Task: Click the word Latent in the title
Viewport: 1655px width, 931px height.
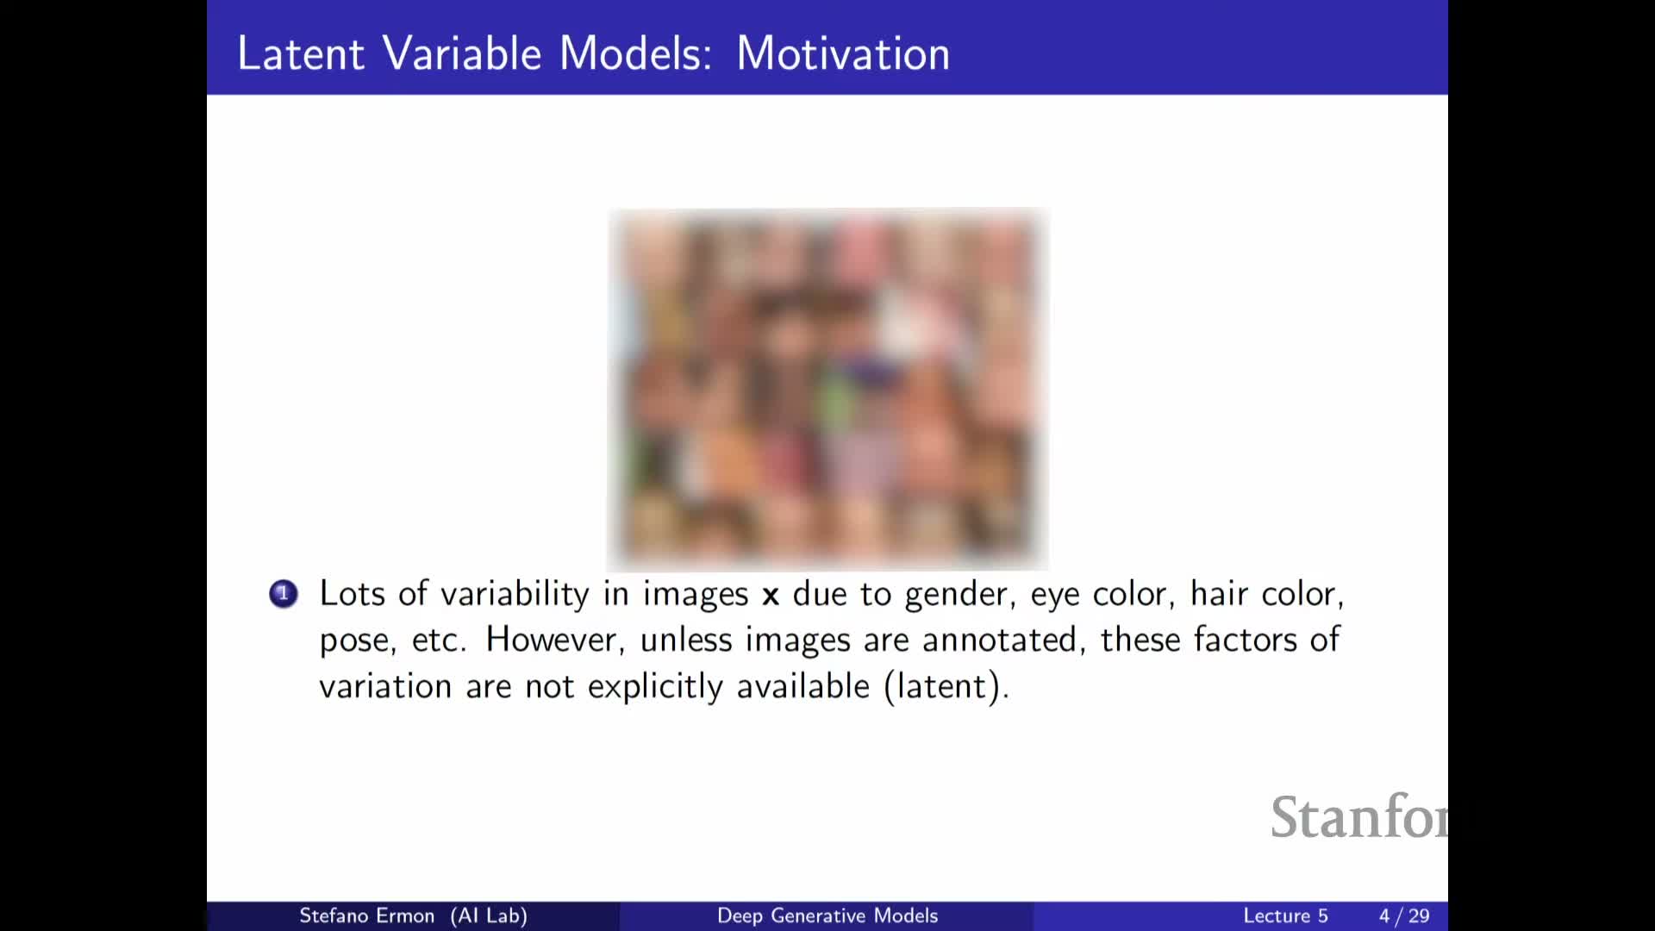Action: [x=301, y=53]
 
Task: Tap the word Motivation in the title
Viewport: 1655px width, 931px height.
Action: [x=843, y=53]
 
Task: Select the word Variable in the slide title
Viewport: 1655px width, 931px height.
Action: [x=462, y=53]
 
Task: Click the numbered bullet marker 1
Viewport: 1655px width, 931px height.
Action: [x=284, y=594]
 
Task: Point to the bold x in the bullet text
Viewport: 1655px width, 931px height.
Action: [x=771, y=596]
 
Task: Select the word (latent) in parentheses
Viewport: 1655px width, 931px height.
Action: [x=946, y=687]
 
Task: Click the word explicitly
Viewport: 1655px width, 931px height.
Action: [x=656, y=687]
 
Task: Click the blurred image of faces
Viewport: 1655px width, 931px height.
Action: [x=827, y=389]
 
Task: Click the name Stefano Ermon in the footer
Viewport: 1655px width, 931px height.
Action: [x=366, y=915]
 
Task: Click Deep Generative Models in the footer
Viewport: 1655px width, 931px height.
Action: [x=827, y=915]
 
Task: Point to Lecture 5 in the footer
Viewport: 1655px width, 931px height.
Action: [x=1285, y=915]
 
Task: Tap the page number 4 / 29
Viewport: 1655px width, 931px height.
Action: [x=1404, y=915]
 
